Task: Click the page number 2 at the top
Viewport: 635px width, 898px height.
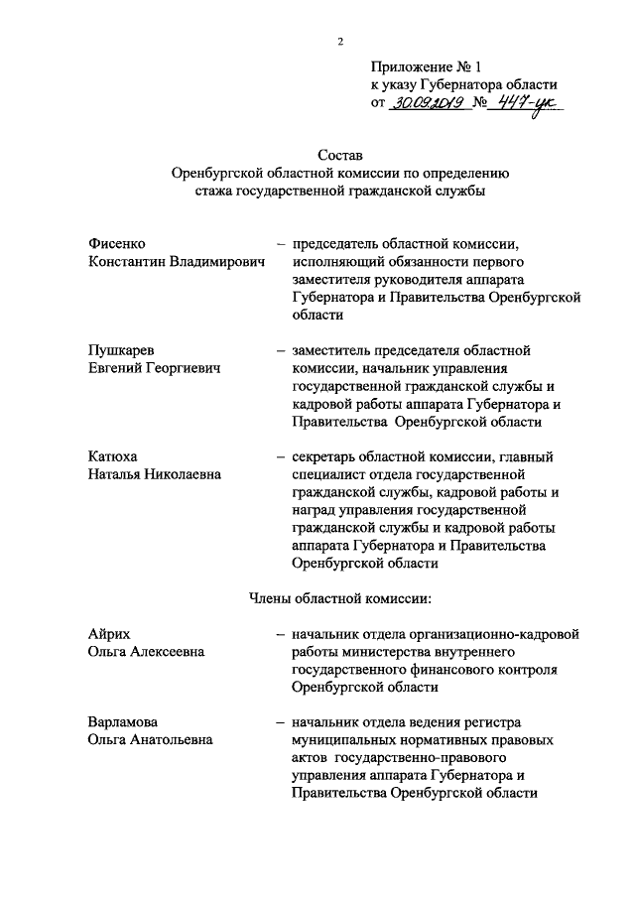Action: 339,41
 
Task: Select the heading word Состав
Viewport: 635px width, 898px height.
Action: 340,155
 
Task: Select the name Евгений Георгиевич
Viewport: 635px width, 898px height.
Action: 154,368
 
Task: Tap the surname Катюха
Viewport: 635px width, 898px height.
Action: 112,456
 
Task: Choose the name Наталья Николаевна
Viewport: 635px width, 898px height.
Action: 155,474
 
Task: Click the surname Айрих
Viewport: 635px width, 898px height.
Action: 108,633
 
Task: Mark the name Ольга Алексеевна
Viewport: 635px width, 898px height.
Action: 146,651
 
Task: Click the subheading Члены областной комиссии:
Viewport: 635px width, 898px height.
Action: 339,597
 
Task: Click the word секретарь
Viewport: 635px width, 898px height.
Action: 323,456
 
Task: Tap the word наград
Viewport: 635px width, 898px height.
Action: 315,510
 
